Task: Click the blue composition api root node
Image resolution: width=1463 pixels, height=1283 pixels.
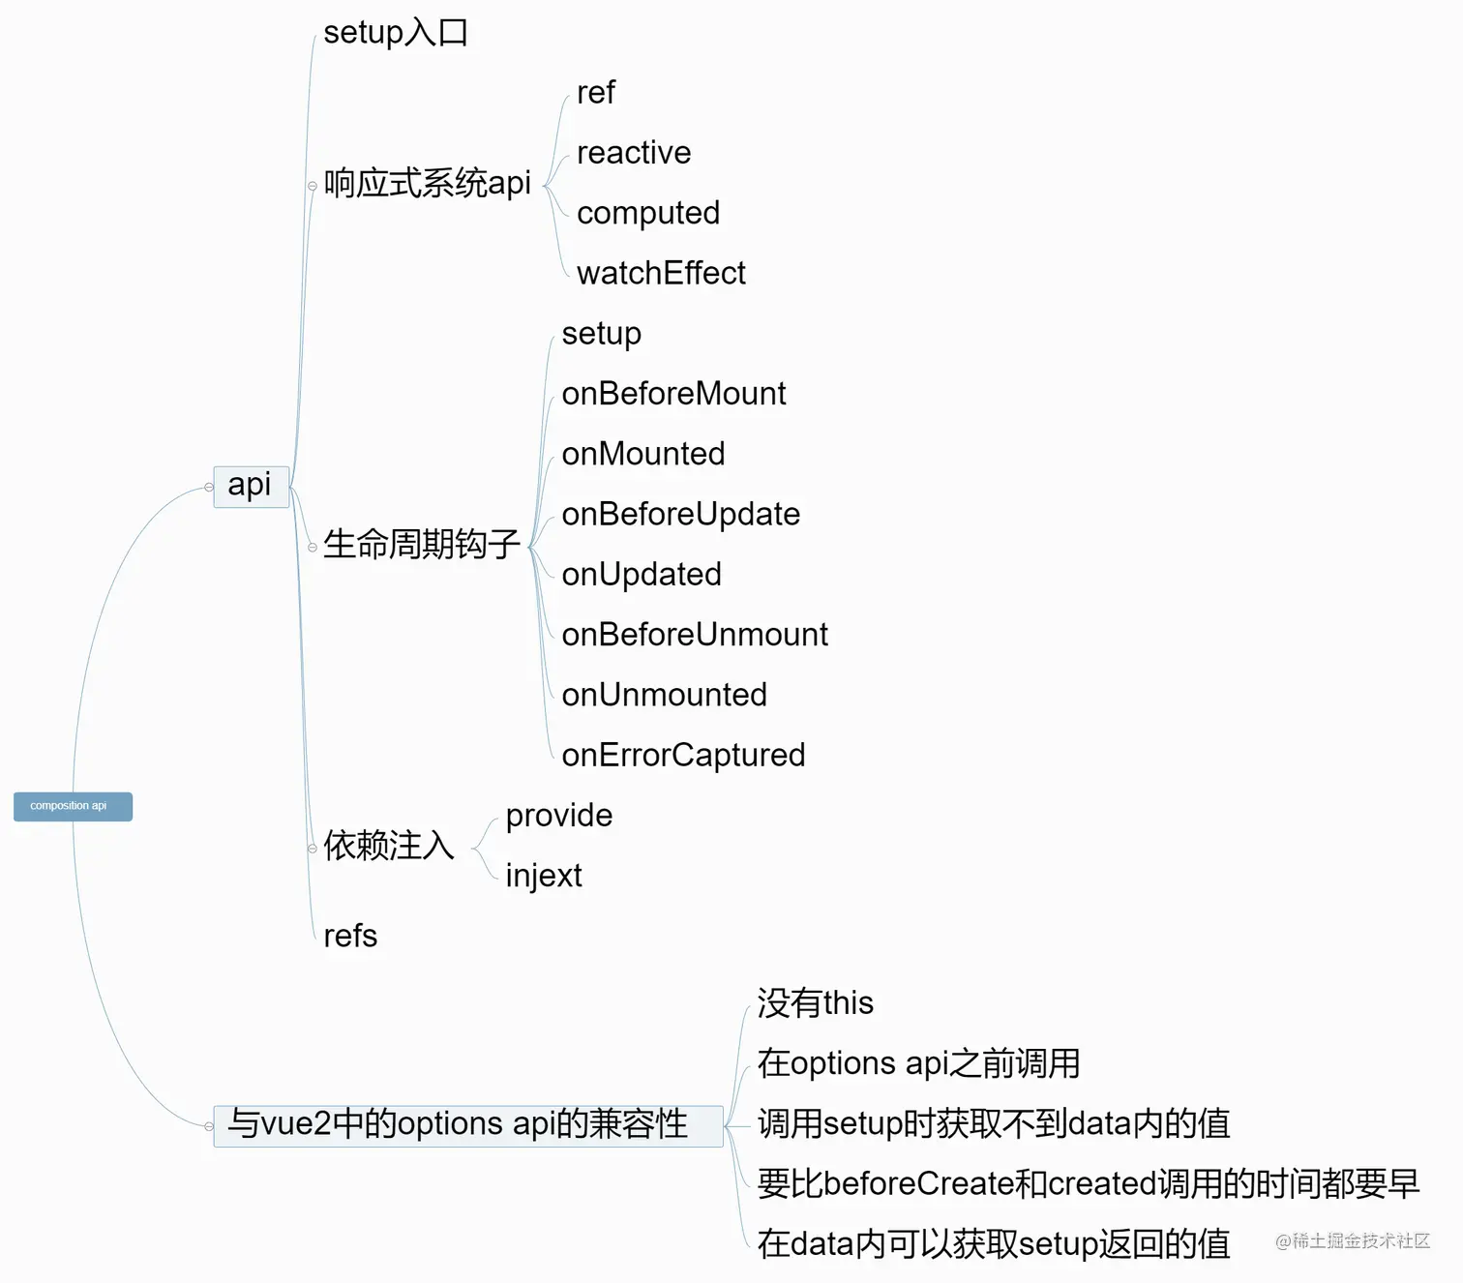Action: [73, 806]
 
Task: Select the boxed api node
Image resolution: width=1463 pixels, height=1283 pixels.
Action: [252, 487]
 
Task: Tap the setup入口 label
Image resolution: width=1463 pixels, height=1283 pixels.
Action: [396, 33]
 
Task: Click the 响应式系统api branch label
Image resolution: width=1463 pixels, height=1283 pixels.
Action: [427, 183]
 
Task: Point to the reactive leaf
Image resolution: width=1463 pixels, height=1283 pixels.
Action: [634, 152]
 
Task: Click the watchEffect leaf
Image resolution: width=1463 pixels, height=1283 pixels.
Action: [661, 273]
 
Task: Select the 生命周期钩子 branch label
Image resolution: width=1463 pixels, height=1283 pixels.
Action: [422, 544]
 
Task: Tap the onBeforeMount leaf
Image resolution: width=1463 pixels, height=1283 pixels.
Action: [673, 394]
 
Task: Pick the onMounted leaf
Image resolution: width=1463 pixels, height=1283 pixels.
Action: [643, 454]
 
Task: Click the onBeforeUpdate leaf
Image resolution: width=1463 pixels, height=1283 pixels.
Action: [681, 515]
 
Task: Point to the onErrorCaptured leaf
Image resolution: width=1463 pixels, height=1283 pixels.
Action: [683, 756]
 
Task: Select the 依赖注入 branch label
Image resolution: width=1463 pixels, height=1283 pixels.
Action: [389, 845]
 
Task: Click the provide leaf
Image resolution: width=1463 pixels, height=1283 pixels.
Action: [559, 816]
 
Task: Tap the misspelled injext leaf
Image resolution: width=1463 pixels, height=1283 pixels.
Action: [544, 876]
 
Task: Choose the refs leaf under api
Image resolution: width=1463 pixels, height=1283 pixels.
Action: [350, 936]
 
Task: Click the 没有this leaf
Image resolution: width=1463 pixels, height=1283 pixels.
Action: [816, 1002]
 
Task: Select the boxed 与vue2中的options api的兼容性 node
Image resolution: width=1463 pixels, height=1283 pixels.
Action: [468, 1125]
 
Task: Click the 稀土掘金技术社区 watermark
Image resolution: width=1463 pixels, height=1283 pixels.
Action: [1353, 1240]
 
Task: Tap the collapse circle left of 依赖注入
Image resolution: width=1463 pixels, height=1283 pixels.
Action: [313, 849]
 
